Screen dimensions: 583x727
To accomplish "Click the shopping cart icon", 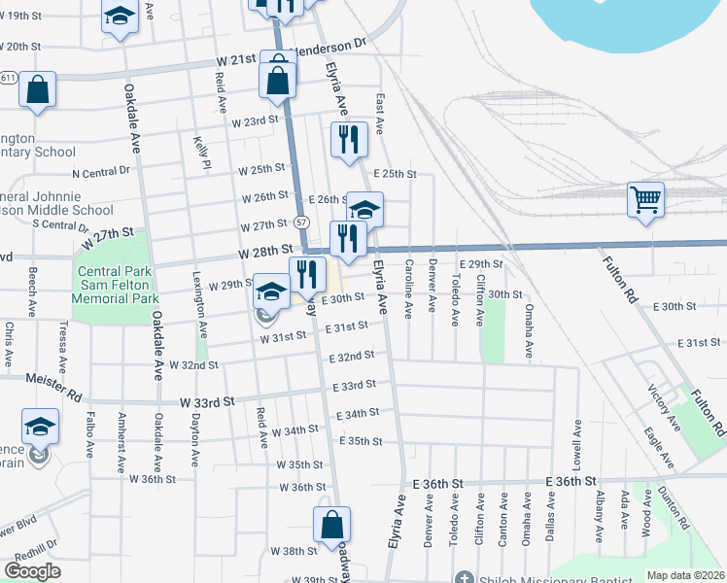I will point(645,200).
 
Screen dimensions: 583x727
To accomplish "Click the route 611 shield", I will point(8,77).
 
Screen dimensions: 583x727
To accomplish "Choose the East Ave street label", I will point(380,114).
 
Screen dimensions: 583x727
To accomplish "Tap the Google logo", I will point(32,571).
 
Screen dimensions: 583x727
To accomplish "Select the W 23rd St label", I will point(255,121).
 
